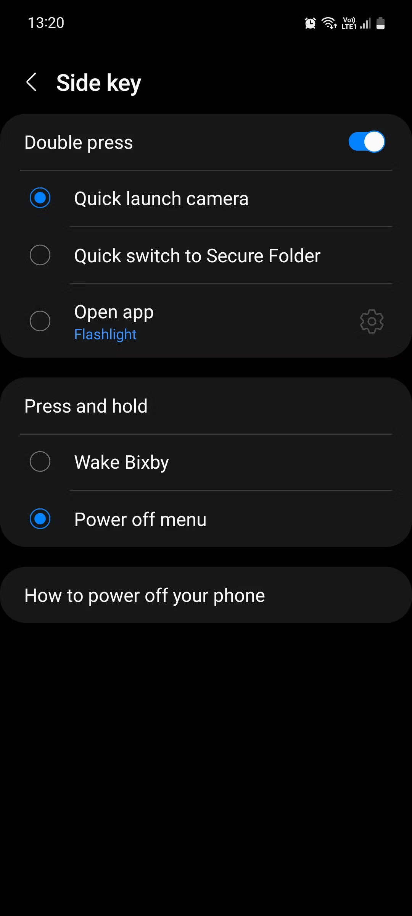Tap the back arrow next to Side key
pyautogui.click(x=31, y=82)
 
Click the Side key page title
pyautogui.click(x=99, y=83)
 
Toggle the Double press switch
pyautogui.click(x=367, y=142)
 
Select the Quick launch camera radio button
pyautogui.click(x=40, y=198)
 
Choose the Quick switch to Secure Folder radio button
pyautogui.click(x=40, y=255)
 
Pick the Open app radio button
pyautogui.click(x=40, y=321)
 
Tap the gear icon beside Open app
pyautogui.click(x=372, y=321)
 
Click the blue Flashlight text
pyautogui.click(x=105, y=334)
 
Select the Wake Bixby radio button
pyautogui.click(x=40, y=461)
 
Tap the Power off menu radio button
pyautogui.click(x=40, y=519)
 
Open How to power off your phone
pyautogui.click(x=145, y=595)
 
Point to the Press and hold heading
pyautogui.click(x=86, y=406)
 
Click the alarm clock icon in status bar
pyautogui.click(x=310, y=23)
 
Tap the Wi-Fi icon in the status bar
pyautogui.click(x=329, y=23)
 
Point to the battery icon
pyautogui.click(x=380, y=23)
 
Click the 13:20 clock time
pyautogui.click(x=46, y=23)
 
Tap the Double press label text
pyautogui.click(x=79, y=143)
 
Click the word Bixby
pyautogui.click(x=147, y=463)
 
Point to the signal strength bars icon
pyautogui.click(x=365, y=24)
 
